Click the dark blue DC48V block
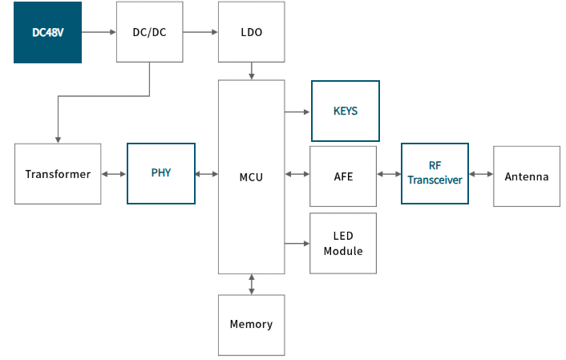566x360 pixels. click(47, 33)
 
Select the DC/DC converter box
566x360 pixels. click(149, 32)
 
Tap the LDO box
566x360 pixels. click(251, 32)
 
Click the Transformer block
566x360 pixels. click(58, 174)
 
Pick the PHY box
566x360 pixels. click(161, 174)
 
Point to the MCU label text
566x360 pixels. click(251, 177)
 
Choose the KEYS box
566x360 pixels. click(346, 111)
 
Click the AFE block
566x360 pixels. click(343, 176)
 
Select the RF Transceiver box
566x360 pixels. click(435, 174)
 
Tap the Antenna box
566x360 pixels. click(527, 176)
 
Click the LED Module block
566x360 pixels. click(343, 244)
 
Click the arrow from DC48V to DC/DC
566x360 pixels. click(99, 32)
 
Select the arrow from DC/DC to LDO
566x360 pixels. click(200, 32)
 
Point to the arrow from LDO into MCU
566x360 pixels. click(252, 71)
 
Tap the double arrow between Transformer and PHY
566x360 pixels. click(114, 174)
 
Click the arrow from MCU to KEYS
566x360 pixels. click(297, 112)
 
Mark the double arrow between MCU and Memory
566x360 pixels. click(252, 284)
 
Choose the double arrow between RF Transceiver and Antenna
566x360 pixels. click(481, 174)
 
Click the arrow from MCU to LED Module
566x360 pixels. click(297, 244)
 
